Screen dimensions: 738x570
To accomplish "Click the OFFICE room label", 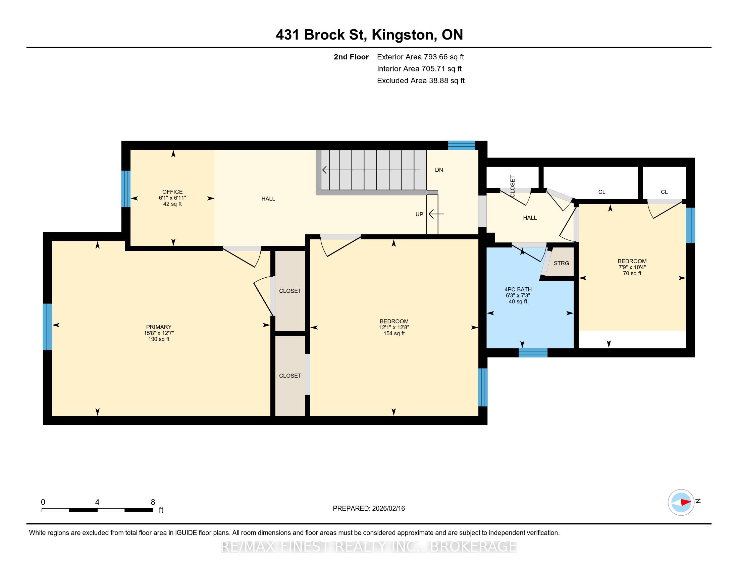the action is tap(172, 192).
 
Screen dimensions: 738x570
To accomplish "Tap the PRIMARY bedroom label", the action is tap(159, 327).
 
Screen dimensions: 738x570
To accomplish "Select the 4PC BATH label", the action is tap(518, 289).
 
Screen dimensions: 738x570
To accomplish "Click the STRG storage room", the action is tap(561, 263).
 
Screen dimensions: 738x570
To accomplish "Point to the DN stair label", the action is tap(439, 170).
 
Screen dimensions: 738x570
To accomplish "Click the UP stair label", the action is tap(419, 215).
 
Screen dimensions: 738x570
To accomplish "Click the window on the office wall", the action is tap(126, 189).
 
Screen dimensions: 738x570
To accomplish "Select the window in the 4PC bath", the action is tap(533, 353).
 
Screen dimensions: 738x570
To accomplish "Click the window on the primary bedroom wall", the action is tap(47, 327).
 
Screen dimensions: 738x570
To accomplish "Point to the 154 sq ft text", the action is tap(394, 333).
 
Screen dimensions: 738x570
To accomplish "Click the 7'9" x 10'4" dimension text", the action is tap(632, 267).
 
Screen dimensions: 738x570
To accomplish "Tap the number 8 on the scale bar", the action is tap(153, 502).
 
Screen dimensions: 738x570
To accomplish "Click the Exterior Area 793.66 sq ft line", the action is tap(420, 57).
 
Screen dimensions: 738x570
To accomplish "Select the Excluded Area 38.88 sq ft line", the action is tap(421, 80).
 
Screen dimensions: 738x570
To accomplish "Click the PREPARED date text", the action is tap(369, 509).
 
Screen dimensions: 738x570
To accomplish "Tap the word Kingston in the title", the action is tap(403, 35).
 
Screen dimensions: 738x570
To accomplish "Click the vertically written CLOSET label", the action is tap(512, 186).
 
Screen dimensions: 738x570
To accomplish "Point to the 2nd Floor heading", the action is tap(351, 57).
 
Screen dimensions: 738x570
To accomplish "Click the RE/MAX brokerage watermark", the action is tap(369, 547).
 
